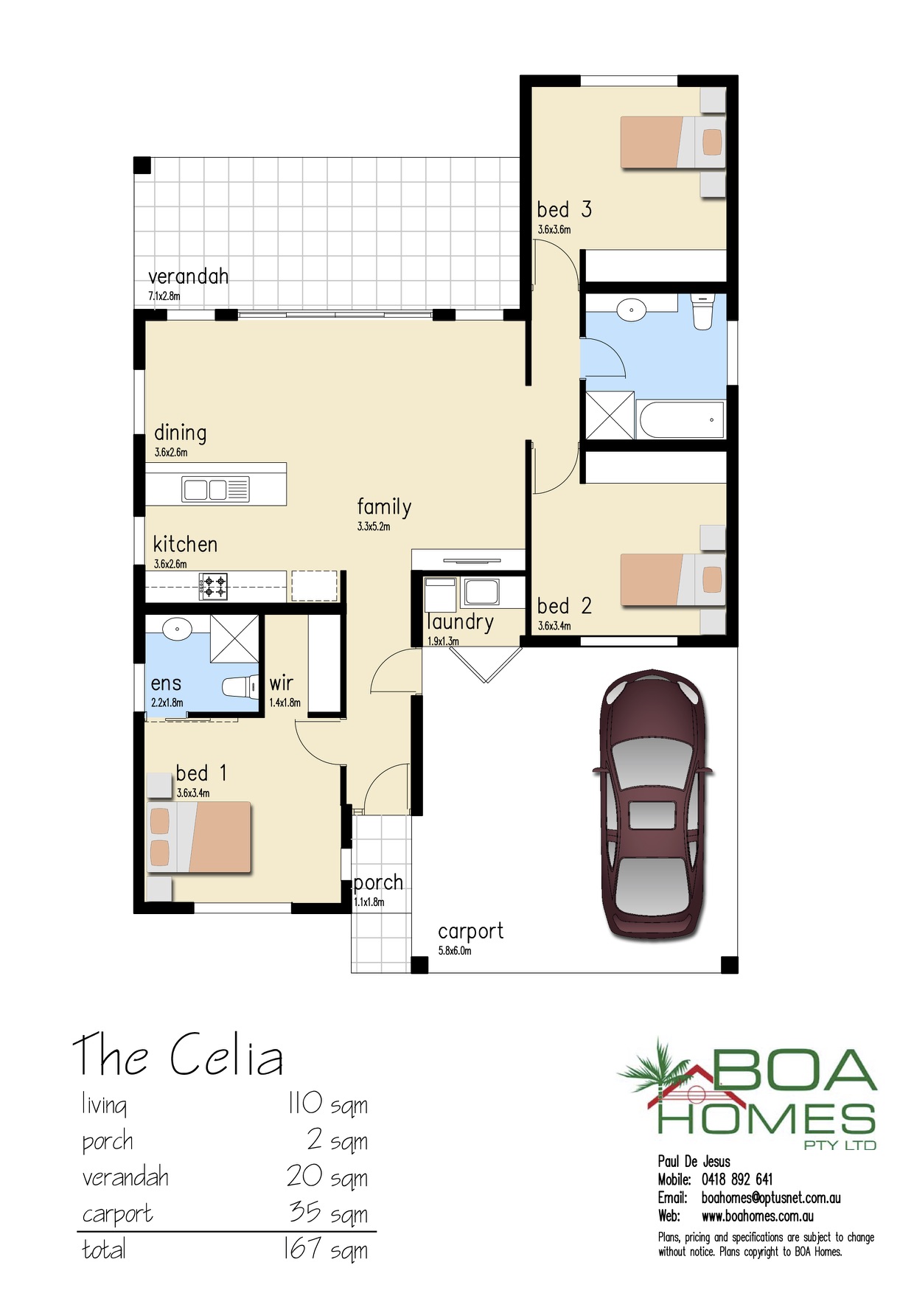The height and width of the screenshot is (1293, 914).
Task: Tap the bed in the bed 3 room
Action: tap(673, 142)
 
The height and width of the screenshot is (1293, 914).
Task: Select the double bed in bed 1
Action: tap(199, 837)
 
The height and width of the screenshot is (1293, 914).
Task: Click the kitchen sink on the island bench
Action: tap(216, 489)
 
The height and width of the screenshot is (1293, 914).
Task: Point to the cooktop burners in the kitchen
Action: tap(213, 587)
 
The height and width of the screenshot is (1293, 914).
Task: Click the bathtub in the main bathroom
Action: tap(682, 419)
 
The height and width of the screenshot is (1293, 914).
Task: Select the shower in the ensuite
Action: tap(235, 638)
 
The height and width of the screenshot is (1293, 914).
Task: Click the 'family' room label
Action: tap(384, 507)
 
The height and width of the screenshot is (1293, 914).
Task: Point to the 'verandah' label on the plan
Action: tap(188, 276)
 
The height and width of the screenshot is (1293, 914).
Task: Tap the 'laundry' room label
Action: tap(461, 623)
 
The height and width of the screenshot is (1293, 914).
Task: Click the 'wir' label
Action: tap(281, 683)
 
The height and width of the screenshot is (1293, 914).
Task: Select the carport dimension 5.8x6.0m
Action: tap(455, 951)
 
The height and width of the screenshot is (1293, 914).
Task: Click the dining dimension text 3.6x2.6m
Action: tap(171, 453)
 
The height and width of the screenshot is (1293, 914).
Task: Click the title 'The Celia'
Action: tap(178, 1055)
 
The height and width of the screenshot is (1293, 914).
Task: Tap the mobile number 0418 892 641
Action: tap(737, 1179)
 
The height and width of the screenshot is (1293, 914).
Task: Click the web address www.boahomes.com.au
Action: tap(758, 1216)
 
